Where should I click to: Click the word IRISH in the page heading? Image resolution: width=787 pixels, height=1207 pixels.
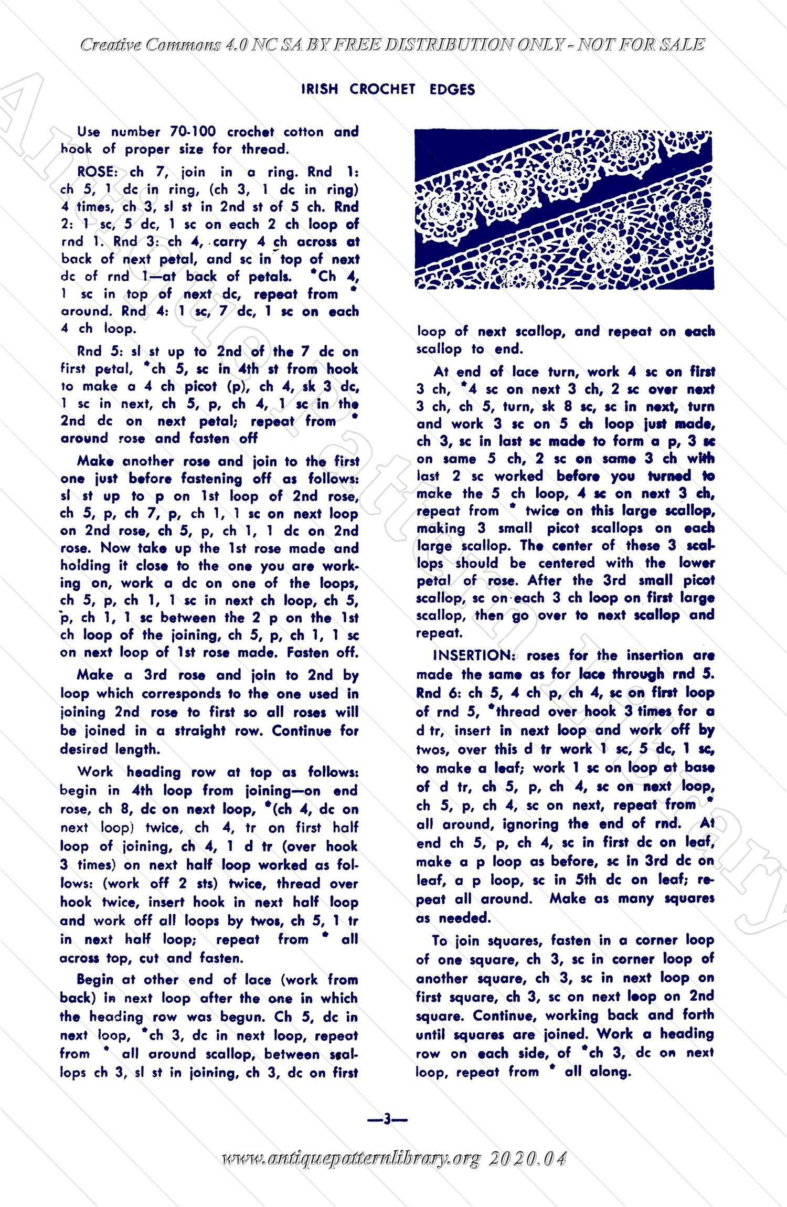click(320, 90)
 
